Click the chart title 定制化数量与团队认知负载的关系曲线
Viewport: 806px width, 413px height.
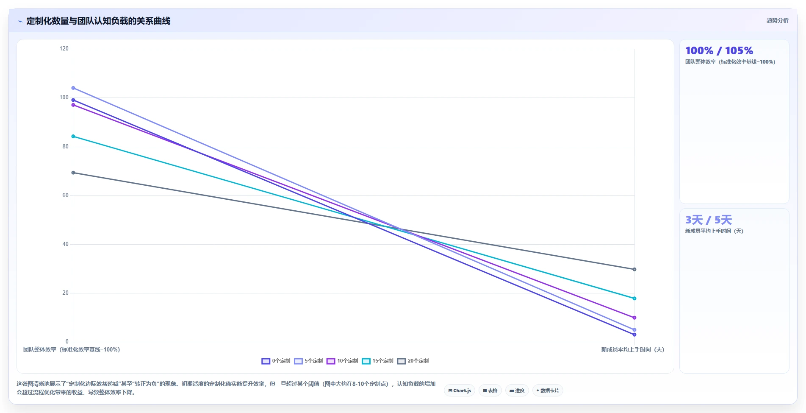98,21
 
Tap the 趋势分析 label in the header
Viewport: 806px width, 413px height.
777,20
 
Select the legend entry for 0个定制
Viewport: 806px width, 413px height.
276,361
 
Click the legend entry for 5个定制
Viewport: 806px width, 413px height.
308,361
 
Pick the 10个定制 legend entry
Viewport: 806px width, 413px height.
342,361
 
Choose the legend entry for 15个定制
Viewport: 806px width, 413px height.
377,361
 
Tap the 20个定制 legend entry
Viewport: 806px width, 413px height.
413,361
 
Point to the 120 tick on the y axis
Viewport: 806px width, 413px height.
64,49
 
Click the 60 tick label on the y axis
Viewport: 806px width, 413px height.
65,195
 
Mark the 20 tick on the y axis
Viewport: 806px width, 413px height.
65,293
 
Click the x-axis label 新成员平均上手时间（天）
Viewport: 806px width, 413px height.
633,349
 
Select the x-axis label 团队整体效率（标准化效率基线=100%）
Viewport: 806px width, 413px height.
72,349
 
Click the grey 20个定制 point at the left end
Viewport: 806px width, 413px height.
73,173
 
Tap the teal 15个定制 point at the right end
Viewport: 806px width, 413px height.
634,299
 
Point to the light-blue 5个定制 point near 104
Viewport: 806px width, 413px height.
73,88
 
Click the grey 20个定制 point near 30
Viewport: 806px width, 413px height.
634,269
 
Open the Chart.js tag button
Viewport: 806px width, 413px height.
460,391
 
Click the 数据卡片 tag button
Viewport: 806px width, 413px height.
548,391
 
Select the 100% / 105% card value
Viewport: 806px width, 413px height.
719,51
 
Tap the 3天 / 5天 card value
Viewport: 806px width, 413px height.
709,220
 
